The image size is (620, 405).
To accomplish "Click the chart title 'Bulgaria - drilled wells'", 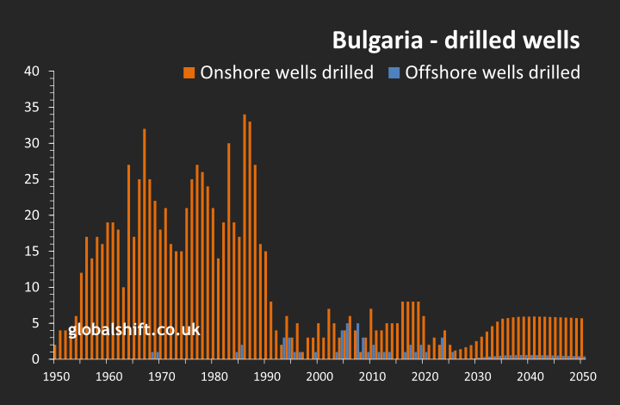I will tap(456, 40).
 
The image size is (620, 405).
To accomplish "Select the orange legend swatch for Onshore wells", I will tap(189, 72).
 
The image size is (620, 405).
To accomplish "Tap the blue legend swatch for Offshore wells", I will tap(394, 72).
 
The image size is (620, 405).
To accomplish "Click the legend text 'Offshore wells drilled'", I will tap(492, 72).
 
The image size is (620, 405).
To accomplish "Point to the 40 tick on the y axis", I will tap(33, 72).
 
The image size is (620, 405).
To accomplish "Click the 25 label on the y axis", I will tap(33, 179).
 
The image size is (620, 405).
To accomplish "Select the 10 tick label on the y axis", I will tap(33, 287).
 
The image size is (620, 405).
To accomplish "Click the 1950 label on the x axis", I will tap(55, 377).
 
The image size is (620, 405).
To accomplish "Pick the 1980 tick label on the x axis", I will tap(214, 377).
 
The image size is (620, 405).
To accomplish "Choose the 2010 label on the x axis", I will tap(372, 377).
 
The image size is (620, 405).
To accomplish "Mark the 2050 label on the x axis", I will tap(583, 377).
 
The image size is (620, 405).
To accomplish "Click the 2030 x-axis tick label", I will tap(477, 377).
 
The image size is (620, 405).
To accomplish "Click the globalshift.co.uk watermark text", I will tap(134, 330).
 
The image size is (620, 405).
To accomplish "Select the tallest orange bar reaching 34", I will tap(245, 237).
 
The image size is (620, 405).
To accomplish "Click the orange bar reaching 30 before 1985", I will tap(228, 251).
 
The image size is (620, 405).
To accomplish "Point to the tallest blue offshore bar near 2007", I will tap(357, 341).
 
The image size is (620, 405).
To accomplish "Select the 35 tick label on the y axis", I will tap(33, 108).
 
